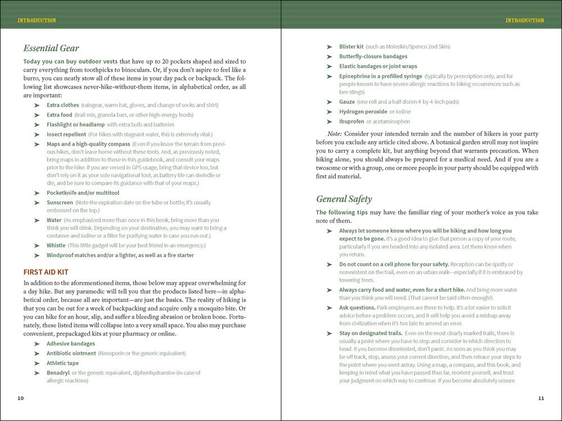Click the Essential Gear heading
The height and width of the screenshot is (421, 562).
tap(51, 48)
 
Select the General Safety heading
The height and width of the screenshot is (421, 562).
tap(344, 199)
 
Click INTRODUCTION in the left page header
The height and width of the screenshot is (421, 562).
tap(37, 20)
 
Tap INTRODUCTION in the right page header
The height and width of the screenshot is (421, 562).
tap(525, 20)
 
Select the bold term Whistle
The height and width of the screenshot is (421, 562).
tap(56, 245)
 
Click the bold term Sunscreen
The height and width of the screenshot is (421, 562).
tap(60, 202)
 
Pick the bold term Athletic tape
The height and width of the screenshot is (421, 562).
tap(63, 363)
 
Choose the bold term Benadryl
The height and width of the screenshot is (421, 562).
tap(58, 373)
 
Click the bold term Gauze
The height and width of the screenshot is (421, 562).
tap(347, 102)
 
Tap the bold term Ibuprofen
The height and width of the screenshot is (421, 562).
tap(352, 121)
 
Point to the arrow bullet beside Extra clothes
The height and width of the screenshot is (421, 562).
tap(37, 106)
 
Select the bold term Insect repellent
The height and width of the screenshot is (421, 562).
tap(66, 134)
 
